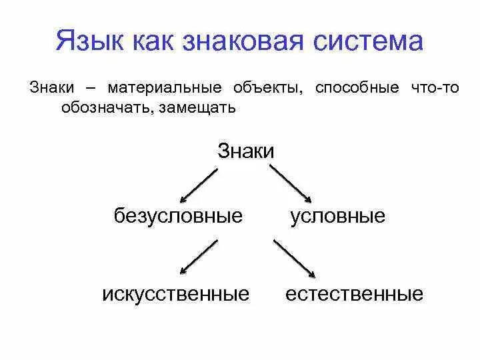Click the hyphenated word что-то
pos(435,88)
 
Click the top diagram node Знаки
pos(246,151)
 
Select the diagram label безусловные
pos(179,216)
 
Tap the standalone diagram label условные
pos(337,216)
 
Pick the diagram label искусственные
pos(176,294)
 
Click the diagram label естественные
pos(354,294)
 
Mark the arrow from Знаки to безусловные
pos(199,185)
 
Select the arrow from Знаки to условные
pos(291,183)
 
